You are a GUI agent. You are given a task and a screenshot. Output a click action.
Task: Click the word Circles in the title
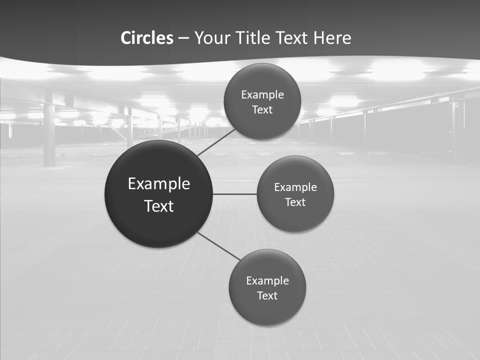(147, 38)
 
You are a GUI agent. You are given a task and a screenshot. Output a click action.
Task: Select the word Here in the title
(332, 38)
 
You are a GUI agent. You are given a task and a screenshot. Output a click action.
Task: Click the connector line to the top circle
(216, 142)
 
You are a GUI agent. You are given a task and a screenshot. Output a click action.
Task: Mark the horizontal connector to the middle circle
(234, 193)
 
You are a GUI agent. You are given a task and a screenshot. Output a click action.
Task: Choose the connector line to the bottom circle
(219, 246)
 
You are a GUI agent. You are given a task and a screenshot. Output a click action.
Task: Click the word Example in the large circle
(159, 184)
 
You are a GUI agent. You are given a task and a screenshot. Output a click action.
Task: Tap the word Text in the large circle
(159, 206)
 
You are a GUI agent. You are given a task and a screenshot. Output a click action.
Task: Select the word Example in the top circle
(262, 95)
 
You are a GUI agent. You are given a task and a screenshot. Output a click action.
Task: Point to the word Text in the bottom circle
(267, 295)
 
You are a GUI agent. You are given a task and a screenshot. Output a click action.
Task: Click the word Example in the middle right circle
(295, 187)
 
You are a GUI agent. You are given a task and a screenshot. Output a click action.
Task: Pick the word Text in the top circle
(262, 110)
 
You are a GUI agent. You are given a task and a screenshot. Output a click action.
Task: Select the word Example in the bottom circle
(267, 280)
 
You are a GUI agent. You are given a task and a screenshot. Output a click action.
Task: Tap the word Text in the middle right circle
(295, 202)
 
